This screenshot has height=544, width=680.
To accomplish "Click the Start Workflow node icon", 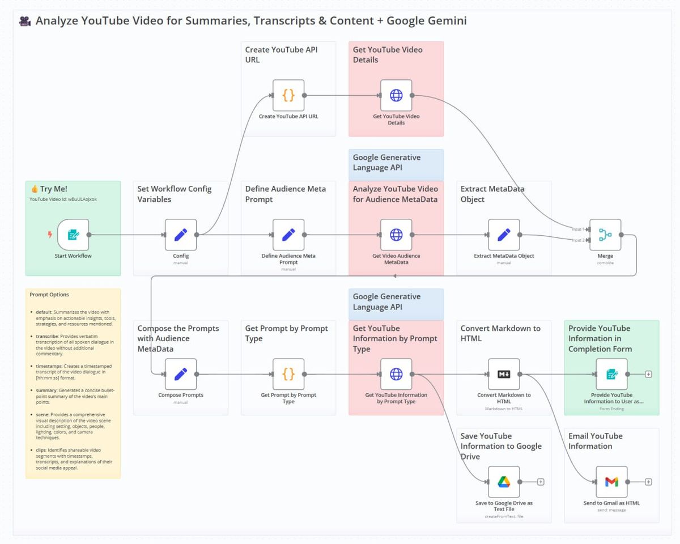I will click(74, 235).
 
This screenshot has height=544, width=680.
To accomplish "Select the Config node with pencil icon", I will click(181, 235).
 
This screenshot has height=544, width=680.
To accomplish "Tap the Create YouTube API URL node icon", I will click(288, 95).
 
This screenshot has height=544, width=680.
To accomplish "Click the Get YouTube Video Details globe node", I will click(396, 95).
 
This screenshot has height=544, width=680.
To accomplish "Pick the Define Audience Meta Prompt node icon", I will click(288, 235).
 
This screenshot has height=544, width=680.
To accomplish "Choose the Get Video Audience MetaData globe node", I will click(396, 235).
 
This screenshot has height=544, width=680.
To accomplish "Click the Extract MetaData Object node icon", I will click(504, 235).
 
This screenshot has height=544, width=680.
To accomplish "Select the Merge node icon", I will click(605, 235).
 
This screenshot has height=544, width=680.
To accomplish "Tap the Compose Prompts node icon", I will click(181, 374).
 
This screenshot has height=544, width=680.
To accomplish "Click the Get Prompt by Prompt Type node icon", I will click(288, 374).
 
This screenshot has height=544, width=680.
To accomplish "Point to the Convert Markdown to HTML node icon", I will click(504, 374).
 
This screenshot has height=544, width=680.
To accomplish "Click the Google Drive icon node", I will click(504, 482).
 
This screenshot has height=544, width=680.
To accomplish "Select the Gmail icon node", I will click(611, 482).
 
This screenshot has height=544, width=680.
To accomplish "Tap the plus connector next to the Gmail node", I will click(648, 482).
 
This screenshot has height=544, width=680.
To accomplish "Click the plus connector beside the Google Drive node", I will click(541, 482).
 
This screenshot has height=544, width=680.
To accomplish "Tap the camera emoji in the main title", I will click(25, 22).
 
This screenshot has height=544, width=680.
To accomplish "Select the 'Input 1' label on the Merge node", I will click(577, 229).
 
